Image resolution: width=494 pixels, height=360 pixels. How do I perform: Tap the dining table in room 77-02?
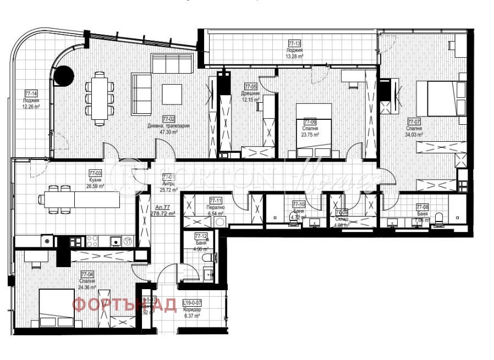[100, 97]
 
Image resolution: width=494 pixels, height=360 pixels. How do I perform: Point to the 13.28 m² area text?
[295, 56]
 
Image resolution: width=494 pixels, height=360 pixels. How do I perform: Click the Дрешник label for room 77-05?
[250, 93]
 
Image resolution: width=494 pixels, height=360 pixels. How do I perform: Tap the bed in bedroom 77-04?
[56, 307]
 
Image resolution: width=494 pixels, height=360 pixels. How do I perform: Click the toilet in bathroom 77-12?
[208, 258]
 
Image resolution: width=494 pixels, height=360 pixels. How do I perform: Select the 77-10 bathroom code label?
[299, 203]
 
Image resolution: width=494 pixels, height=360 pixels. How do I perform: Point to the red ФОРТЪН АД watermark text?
[125, 304]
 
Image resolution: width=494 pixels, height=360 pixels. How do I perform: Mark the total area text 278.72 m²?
[163, 213]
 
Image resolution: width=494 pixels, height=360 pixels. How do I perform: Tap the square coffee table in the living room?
[172, 92]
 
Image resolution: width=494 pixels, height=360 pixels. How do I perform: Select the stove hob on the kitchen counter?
[91, 241]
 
